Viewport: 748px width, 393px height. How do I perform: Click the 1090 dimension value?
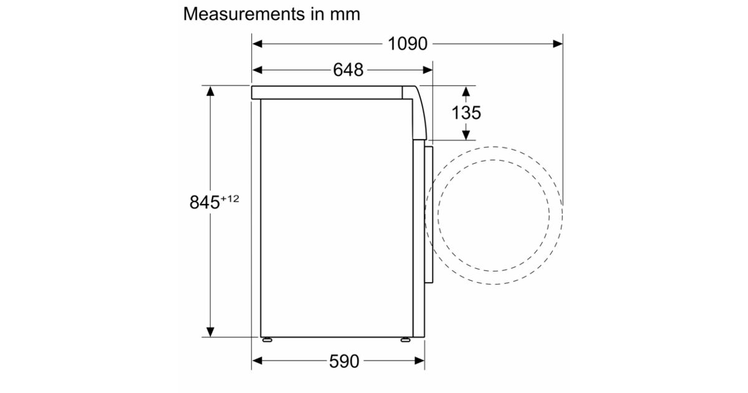pos(408,44)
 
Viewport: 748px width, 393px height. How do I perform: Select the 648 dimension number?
pos(348,70)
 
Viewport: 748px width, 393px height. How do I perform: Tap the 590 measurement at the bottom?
pos(344,361)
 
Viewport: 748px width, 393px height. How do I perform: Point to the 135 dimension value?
pos(466,112)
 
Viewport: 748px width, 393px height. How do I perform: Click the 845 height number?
pos(204,202)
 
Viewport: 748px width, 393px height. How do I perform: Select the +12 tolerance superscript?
pos(230,199)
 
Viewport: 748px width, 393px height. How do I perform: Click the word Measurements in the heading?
pos(244,14)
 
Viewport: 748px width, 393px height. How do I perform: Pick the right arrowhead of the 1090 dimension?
pos(557,44)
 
